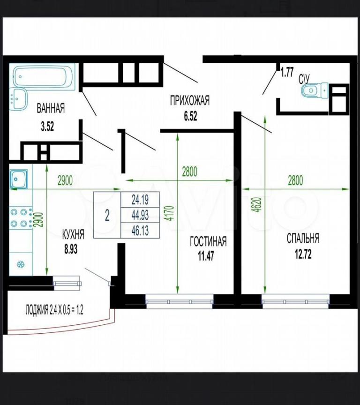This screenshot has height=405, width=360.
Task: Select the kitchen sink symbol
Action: (19, 179)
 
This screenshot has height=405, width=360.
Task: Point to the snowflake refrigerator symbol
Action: (21, 264)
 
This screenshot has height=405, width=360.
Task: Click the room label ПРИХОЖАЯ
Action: (190, 100)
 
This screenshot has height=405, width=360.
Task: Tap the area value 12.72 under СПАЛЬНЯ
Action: (303, 254)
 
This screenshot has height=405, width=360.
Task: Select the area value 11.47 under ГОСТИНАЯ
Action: (206, 256)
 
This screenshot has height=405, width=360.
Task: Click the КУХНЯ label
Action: (73, 234)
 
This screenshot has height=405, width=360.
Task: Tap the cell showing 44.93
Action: (140, 215)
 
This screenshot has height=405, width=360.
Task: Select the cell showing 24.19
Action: (140, 200)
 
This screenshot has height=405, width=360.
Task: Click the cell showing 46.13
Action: (140, 231)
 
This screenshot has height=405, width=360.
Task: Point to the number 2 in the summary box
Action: (107, 215)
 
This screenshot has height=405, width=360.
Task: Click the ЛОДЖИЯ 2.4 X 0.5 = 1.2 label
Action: (54, 309)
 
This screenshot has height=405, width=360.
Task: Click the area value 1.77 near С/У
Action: (287, 72)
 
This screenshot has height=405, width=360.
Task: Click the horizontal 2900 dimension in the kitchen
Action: (65, 180)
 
